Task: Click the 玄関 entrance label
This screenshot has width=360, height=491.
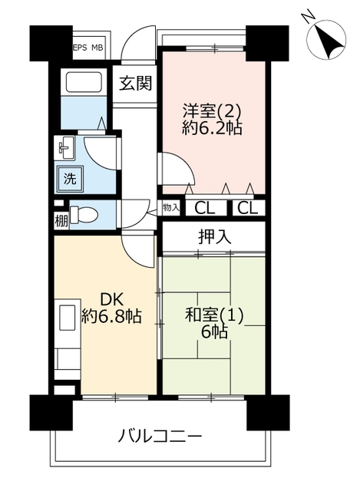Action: [135, 84]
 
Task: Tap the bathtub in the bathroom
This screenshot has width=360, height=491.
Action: [84, 82]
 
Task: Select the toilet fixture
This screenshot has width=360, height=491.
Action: [84, 215]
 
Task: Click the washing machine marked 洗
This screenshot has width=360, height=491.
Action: [70, 179]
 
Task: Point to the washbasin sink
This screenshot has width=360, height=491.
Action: [65, 147]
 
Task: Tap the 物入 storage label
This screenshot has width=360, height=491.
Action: [170, 207]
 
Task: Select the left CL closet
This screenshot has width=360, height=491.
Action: [205, 208]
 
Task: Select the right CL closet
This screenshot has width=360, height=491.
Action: [247, 208]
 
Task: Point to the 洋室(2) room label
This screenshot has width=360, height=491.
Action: [212, 111]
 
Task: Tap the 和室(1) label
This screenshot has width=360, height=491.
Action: [214, 315]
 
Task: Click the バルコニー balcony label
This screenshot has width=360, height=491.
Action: [160, 437]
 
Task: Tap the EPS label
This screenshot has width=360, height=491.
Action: [80, 48]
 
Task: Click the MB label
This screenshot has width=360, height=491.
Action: [97, 48]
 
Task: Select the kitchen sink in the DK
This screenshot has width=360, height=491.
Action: [68, 318]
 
